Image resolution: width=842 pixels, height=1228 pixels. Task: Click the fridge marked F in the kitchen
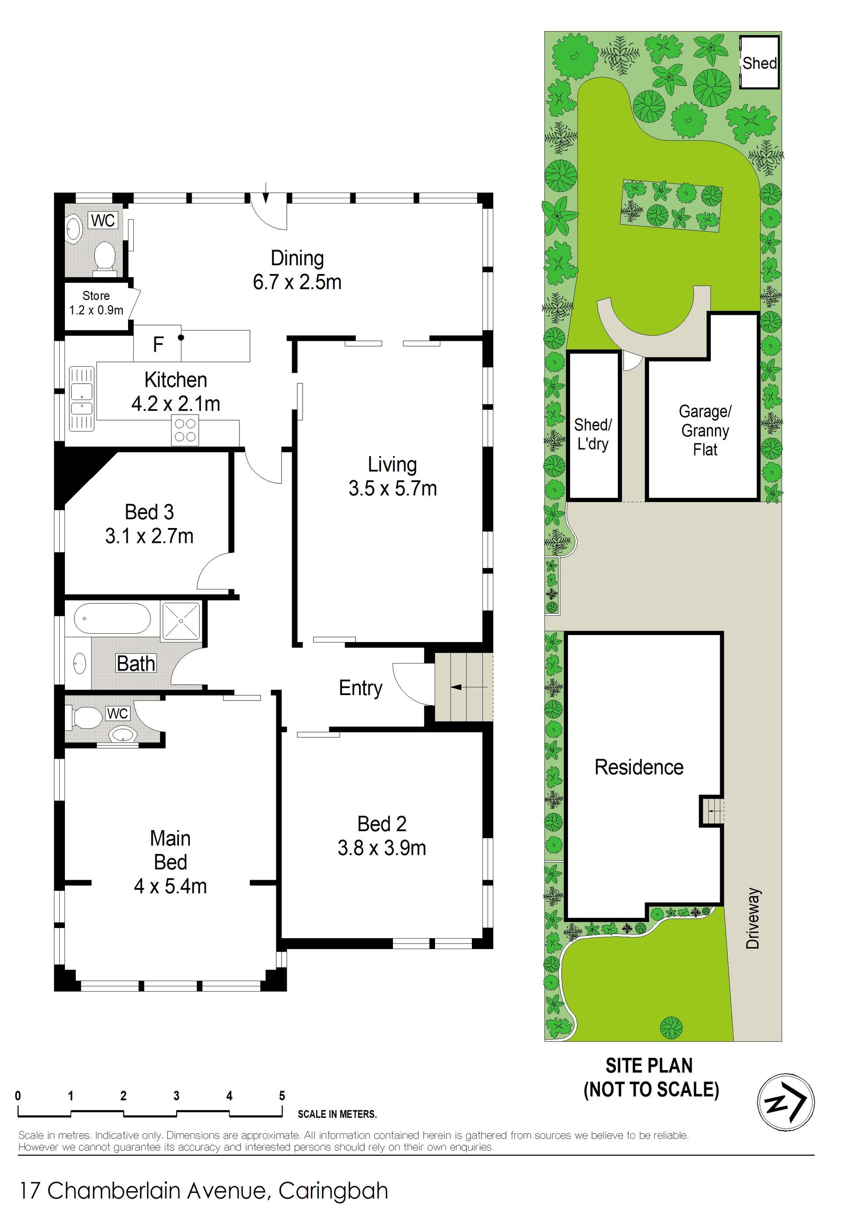(x=157, y=343)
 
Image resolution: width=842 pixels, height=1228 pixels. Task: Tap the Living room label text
(x=392, y=464)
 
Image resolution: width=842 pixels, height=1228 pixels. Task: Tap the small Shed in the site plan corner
(x=760, y=63)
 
